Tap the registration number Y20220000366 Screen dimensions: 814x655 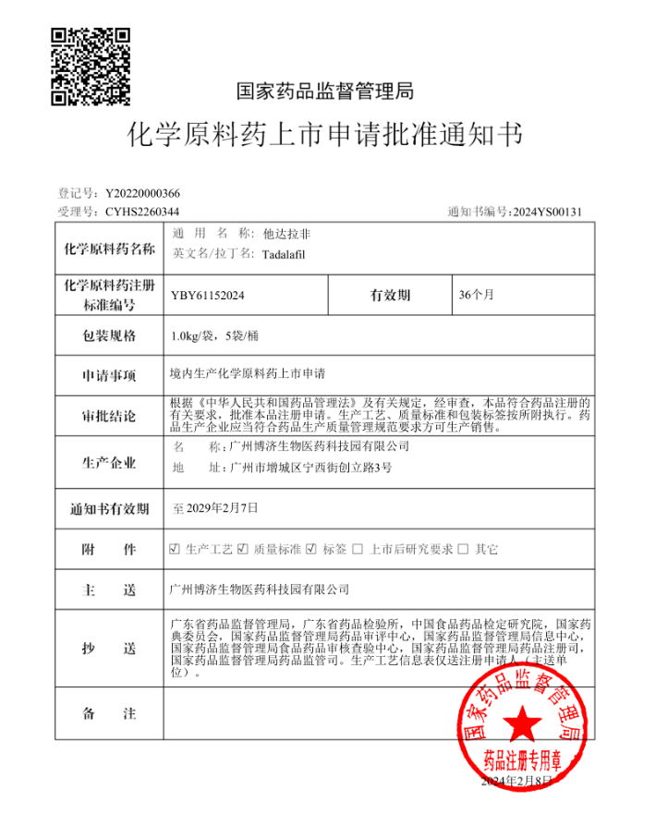point(143,193)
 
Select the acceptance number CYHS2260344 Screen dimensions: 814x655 point(141,212)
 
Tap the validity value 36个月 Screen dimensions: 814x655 point(477,296)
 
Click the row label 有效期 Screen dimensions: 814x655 point(390,296)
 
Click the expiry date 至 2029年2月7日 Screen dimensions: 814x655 point(215,508)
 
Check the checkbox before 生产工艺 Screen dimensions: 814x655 point(175,549)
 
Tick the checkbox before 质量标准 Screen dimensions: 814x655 point(242,549)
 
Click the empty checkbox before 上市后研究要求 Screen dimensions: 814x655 point(358,549)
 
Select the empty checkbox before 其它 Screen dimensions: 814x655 point(463,549)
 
